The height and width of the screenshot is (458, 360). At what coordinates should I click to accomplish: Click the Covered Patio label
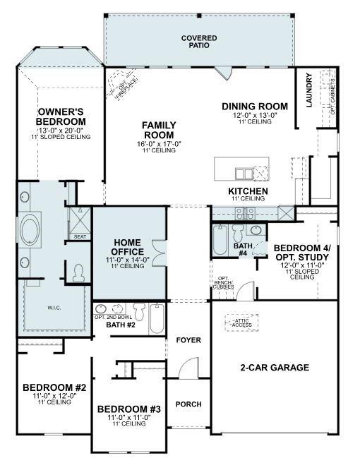[198, 42]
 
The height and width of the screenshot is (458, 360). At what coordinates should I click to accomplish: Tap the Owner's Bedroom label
[61, 117]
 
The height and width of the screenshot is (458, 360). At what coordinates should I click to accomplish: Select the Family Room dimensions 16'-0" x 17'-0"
[159, 144]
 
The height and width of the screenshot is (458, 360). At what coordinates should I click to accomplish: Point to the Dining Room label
[249, 107]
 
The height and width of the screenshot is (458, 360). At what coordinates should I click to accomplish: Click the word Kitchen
[247, 191]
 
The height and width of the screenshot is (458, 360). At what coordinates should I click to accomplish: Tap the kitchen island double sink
[244, 174]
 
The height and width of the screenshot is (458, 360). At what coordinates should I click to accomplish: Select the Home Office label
[128, 247]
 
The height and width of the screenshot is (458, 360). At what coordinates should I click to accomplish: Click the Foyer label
[188, 340]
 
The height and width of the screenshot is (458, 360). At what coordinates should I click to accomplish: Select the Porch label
[188, 404]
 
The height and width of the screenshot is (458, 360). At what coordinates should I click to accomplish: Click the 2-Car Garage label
[274, 368]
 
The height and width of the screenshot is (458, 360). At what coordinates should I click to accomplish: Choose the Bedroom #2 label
[54, 387]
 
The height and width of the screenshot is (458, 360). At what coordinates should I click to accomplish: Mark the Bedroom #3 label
[128, 409]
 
